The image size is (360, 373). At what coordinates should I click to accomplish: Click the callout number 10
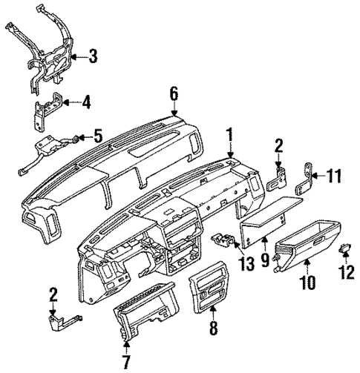(307, 282)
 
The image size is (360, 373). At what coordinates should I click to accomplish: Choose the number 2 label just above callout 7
(54, 296)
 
